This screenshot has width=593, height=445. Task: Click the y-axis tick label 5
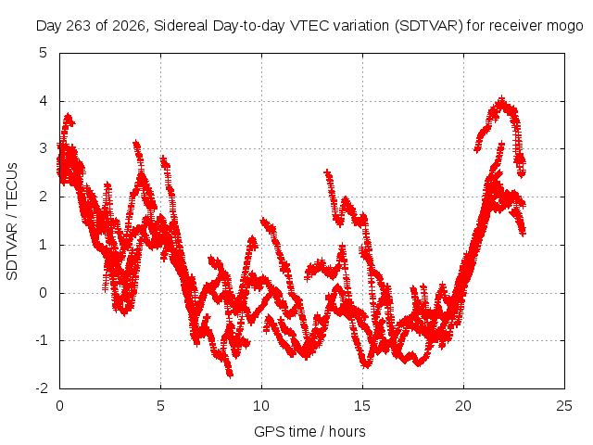coord(44,53)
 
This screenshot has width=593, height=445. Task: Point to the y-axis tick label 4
coord(44,101)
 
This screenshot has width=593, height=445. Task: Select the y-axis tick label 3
coord(44,148)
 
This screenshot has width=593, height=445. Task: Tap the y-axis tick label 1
coord(44,245)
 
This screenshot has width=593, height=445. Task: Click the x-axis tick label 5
coord(160,406)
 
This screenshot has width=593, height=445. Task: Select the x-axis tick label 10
coord(261,406)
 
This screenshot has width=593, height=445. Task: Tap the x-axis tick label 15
coord(362,406)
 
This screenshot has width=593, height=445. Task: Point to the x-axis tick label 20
coord(463,406)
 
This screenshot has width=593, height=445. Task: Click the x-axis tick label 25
coord(564,406)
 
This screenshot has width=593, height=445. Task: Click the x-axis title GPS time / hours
coord(309,432)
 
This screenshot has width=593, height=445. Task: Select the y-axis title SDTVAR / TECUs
coord(12,222)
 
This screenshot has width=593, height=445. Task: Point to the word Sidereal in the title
coord(181,26)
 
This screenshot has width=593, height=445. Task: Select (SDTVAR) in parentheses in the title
coord(428,26)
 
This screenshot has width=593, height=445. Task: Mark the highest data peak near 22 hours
coord(502,99)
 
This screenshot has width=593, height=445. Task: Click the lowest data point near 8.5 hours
coord(230,375)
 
